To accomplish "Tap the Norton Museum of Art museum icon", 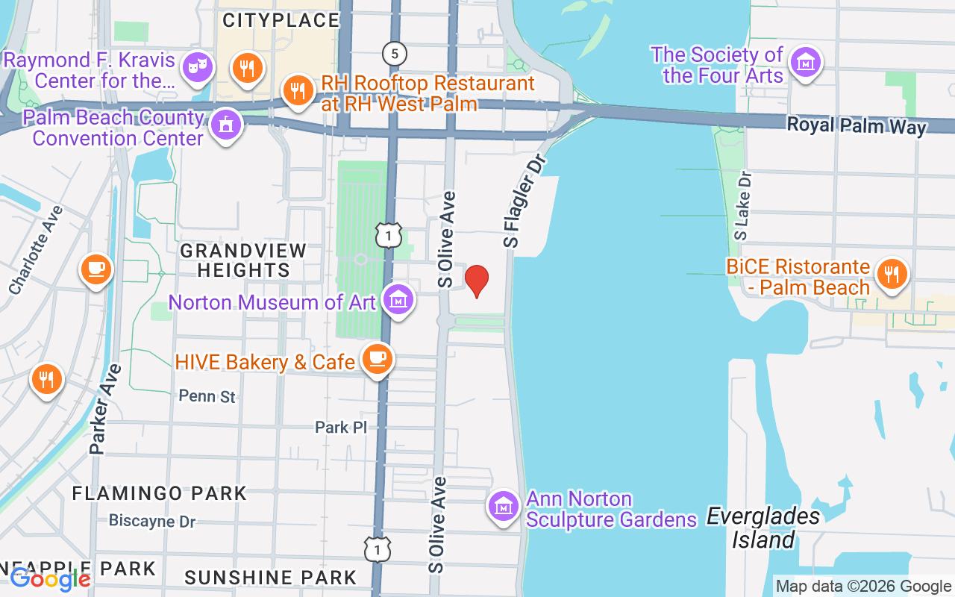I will coord(398,300).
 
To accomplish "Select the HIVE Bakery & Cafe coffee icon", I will coord(378,359).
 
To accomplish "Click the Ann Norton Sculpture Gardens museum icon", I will coord(504,507).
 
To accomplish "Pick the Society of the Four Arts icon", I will coord(805,63).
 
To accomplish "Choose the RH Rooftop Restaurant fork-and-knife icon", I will coord(298,91).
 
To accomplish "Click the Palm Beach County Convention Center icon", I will coord(225,125).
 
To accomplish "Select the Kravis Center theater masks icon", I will coord(198,66).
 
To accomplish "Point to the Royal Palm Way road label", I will coord(857,125).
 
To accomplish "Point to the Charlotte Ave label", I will coord(37,249).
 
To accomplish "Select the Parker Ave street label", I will coord(105,409).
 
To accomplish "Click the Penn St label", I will coord(207,396).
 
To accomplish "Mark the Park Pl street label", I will coord(341,428).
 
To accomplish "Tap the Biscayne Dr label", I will coord(152,520).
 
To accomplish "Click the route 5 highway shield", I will coord(394,53).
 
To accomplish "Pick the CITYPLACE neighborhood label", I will coord(281,20).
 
